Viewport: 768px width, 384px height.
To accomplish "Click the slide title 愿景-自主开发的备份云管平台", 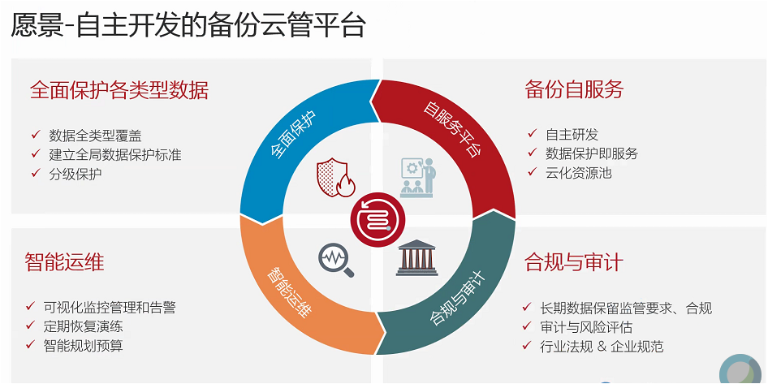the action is (188, 25).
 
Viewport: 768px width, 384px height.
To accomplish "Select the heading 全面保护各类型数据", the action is (119, 90).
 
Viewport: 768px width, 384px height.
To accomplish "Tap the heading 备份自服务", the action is (574, 89).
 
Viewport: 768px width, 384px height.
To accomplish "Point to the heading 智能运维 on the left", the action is (64, 261).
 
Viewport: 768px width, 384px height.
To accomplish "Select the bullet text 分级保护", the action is (76, 174).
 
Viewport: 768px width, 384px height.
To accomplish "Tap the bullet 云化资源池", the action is (579, 172).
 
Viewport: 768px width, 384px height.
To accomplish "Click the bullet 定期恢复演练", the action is (83, 326).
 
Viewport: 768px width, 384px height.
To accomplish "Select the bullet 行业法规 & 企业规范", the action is (602, 347).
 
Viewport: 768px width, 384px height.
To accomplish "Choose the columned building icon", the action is (416, 257).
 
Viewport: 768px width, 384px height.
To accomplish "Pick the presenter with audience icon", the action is (416, 177).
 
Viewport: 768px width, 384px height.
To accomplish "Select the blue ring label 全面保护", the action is (293, 135).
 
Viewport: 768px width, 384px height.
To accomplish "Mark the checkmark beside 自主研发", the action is (533, 134).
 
